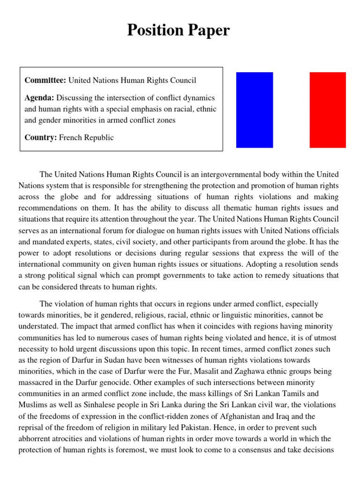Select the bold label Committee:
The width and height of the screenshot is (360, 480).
[x=45, y=81]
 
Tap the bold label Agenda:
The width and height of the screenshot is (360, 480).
[x=40, y=97]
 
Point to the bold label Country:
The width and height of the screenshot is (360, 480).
[x=41, y=137]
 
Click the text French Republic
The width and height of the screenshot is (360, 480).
[x=86, y=137]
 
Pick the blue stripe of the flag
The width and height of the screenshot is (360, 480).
[x=255, y=110]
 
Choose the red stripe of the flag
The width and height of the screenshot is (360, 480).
[x=328, y=110]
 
